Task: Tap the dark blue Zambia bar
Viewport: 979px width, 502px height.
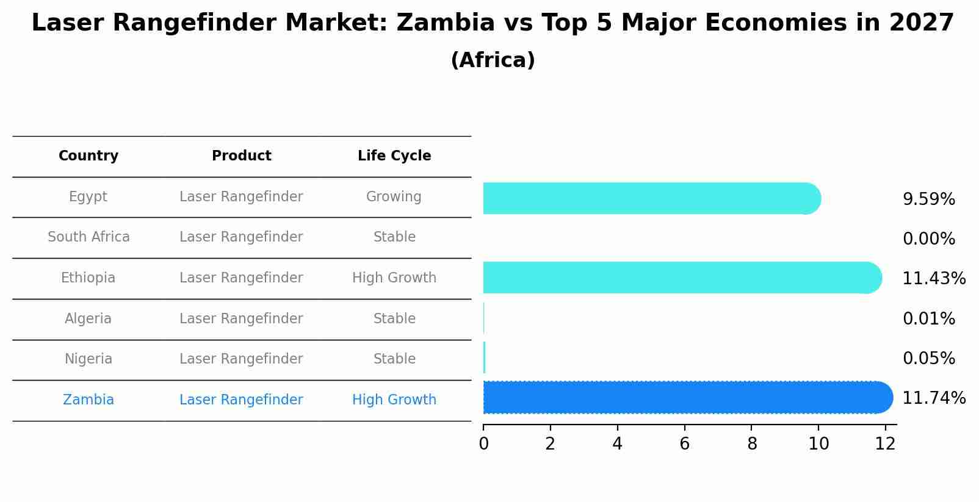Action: pos(687,398)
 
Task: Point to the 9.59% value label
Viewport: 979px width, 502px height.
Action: pos(928,199)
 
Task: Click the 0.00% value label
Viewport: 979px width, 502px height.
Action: pos(928,239)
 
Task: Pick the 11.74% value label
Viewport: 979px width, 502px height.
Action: pos(934,398)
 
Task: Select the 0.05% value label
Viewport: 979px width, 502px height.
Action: pos(928,359)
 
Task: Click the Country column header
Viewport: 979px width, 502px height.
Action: pos(89,156)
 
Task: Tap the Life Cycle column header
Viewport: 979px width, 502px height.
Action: pos(394,156)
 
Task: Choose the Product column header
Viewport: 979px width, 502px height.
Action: pos(241,156)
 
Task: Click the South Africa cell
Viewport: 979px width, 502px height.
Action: pos(89,237)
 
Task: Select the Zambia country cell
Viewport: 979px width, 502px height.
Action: pos(89,400)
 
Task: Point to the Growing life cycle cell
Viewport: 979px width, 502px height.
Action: pos(394,197)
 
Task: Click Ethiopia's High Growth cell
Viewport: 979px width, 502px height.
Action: pos(394,278)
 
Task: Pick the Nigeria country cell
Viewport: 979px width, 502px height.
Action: pos(89,359)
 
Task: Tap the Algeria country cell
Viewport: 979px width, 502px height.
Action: pos(89,319)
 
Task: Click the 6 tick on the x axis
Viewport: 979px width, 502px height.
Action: pos(684,444)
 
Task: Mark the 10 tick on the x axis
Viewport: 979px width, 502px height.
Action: pos(818,444)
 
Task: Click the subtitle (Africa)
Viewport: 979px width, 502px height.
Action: pos(493,60)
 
